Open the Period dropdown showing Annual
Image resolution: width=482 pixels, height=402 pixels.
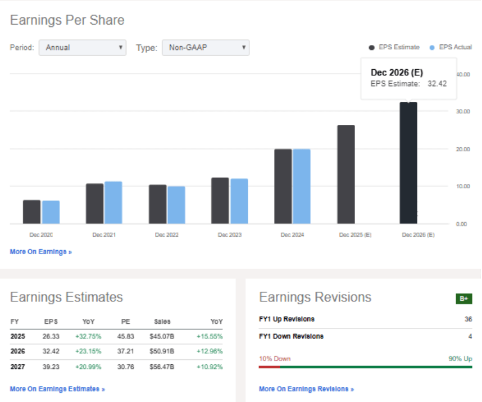coord(83,48)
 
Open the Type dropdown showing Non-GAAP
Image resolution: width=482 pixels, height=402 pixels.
coord(206,48)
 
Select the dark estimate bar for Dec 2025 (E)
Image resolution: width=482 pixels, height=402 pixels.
coord(346,174)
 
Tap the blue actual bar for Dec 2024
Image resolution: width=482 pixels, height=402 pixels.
coord(302,186)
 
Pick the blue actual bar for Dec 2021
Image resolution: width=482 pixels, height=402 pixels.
coord(113,202)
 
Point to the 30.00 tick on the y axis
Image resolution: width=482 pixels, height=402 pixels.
coord(463,112)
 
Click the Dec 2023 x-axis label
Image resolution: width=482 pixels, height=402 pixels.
coord(230,235)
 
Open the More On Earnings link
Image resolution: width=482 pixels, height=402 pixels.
coord(41,252)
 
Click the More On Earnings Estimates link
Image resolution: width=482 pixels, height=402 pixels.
coord(57,389)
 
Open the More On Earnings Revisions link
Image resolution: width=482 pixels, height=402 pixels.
coord(306,389)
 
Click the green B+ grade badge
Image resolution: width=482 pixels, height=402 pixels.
coord(463,299)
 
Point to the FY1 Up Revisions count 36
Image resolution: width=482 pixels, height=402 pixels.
coord(467,319)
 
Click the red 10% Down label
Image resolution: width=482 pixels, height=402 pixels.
coord(275,359)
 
